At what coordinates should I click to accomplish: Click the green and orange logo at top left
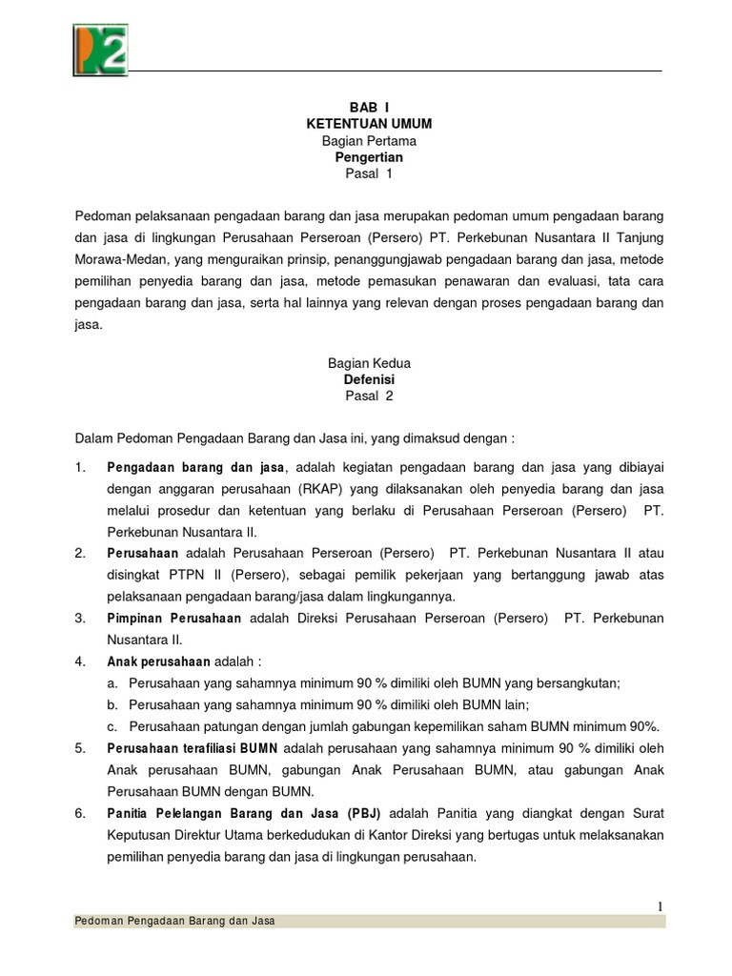pos(100,50)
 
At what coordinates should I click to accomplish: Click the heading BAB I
pos(368,108)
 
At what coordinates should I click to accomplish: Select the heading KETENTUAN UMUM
pos(368,124)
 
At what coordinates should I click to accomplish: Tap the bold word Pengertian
pos(368,157)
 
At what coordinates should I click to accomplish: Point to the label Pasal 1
pos(368,174)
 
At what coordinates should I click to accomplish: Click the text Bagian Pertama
pos(368,141)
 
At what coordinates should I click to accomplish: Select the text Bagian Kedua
pos(368,363)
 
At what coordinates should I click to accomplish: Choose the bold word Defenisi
pos(368,379)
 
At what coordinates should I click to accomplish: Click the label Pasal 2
pos(368,396)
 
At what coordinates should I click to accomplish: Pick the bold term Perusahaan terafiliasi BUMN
pos(193,749)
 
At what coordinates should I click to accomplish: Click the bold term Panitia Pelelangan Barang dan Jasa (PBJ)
pos(244,814)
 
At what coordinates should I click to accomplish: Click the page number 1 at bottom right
pos(659,906)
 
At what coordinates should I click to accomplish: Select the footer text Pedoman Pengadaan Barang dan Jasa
pos(174,922)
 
